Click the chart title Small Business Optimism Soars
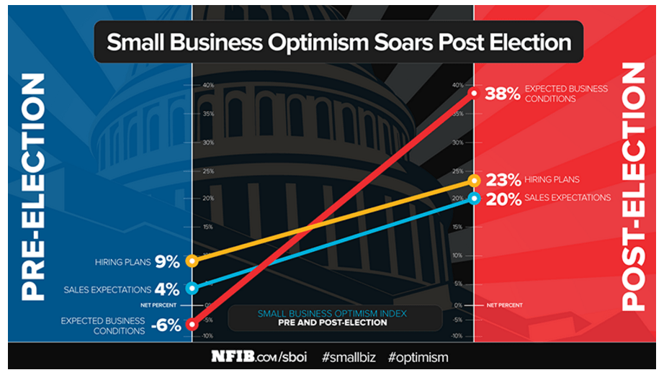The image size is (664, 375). [338, 42]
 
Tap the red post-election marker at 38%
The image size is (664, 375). [474, 93]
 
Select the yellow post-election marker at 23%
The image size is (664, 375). [474, 181]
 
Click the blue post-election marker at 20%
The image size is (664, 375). [474, 198]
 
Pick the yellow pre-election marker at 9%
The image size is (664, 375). [192, 261]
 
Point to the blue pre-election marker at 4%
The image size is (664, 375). [192, 289]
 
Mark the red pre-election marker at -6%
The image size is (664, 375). [192, 325]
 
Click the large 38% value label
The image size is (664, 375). [502, 94]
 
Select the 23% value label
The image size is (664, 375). [502, 181]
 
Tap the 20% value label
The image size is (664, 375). [502, 199]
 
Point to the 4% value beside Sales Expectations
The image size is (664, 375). [167, 290]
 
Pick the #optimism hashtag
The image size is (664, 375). [418, 357]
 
